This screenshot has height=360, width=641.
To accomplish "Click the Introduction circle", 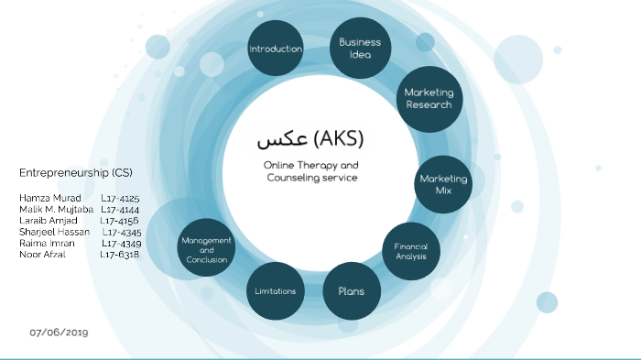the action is (x=276, y=49).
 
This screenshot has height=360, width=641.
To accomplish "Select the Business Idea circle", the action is (x=359, y=48).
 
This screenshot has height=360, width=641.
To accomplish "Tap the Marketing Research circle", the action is (x=428, y=98).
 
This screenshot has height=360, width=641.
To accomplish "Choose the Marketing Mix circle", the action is (x=442, y=184).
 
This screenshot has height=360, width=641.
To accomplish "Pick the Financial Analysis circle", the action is (x=410, y=251).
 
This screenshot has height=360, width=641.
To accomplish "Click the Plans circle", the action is (x=352, y=291).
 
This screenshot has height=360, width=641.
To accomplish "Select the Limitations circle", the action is (x=276, y=291).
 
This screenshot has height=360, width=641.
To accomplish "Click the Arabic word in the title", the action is (x=280, y=140).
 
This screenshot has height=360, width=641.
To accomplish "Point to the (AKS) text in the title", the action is (x=338, y=139).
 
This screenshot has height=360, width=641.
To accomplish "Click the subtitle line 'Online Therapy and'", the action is (x=310, y=165).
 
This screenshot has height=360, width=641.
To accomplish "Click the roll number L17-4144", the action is (x=120, y=209).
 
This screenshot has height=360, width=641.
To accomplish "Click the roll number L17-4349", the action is (x=122, y=243).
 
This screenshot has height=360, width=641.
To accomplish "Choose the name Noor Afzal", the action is (x=42, y=254).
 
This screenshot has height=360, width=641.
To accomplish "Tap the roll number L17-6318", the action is (x=120, y=254).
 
